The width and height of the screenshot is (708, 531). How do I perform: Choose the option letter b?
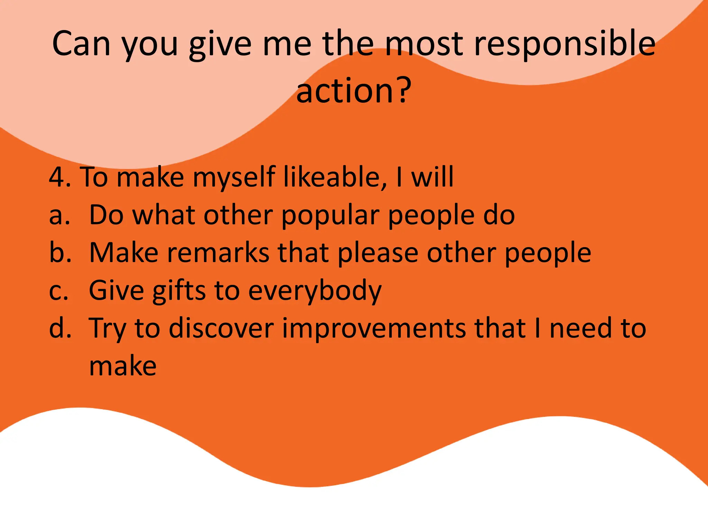pos(59,252)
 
